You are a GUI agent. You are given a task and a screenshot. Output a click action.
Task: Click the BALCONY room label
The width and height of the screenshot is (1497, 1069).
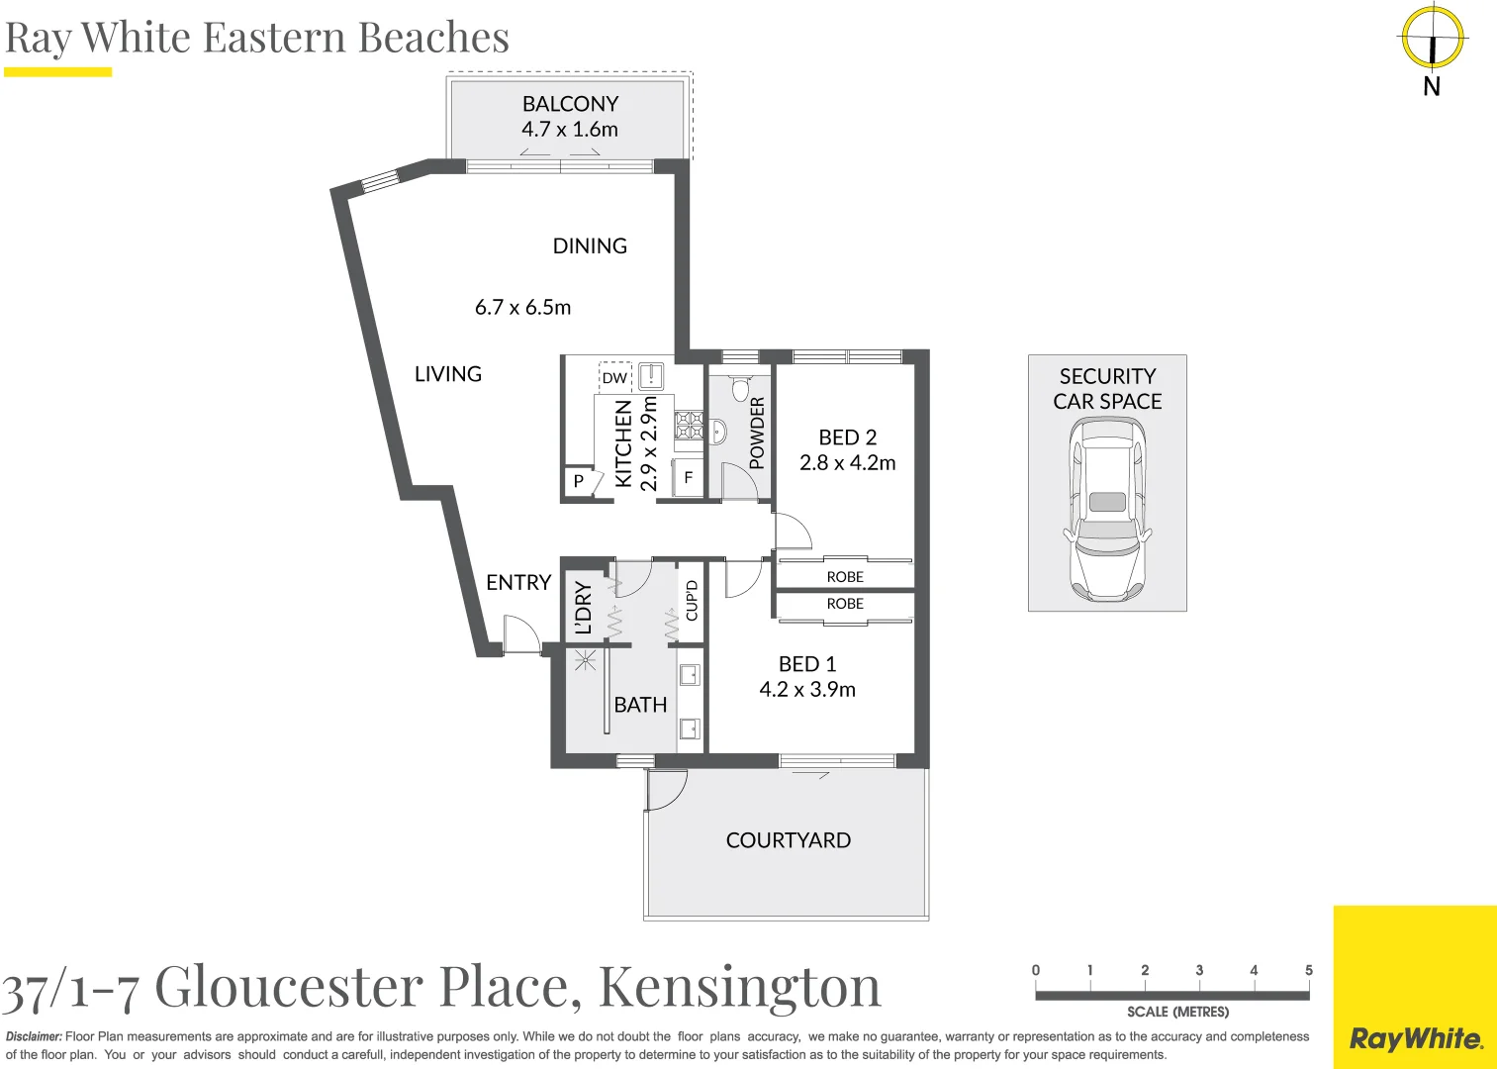570,104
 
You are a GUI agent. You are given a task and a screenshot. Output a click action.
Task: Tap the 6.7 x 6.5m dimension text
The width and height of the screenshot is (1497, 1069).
522,308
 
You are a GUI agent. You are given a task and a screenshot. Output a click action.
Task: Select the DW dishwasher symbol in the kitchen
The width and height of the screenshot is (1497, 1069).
614,377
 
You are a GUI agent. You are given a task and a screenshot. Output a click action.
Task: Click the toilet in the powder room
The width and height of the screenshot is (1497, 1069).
740,387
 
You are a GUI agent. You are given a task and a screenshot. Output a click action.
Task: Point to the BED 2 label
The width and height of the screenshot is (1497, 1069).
847,437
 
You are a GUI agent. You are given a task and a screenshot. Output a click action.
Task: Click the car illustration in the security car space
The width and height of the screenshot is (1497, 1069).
1107,509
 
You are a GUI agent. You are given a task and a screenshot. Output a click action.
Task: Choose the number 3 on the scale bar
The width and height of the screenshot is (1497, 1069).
1199,970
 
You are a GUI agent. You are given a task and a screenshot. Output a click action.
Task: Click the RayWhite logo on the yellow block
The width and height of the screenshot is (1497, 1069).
1416,1038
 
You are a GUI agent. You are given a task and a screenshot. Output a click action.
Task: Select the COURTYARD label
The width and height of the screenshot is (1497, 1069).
788,840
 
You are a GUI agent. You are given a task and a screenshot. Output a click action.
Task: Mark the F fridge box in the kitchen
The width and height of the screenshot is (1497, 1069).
689,477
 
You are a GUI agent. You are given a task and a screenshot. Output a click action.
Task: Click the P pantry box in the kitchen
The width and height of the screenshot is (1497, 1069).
579,481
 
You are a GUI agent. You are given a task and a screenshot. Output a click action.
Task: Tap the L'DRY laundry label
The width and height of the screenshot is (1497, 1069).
583,608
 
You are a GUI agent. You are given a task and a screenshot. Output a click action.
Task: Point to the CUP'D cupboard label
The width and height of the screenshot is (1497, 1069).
692,601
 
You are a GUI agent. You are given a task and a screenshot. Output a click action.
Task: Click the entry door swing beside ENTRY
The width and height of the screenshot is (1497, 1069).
518,633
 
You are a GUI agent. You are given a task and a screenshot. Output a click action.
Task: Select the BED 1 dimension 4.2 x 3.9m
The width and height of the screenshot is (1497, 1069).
807,690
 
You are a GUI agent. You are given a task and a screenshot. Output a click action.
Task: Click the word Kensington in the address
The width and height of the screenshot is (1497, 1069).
739,987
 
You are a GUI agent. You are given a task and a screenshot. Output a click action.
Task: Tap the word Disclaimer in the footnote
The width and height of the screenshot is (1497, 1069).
34,1036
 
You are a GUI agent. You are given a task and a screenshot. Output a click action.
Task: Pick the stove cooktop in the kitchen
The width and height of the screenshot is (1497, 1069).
690,426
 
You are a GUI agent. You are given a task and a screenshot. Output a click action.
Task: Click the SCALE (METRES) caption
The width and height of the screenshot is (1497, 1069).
1177,1012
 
